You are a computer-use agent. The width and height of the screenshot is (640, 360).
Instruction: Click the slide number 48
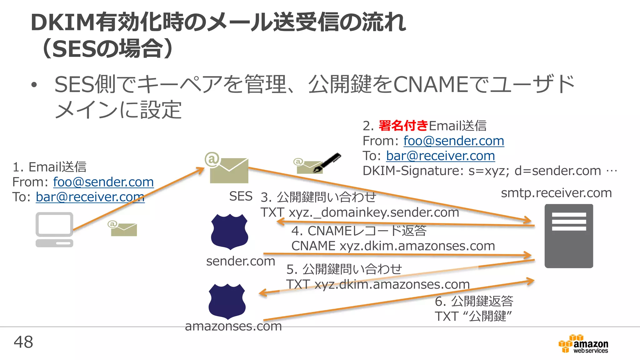(23, 342)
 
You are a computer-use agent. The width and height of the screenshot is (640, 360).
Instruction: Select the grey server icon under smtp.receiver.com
(569, 236)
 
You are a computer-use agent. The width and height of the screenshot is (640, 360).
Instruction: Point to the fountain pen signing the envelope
(327, 162)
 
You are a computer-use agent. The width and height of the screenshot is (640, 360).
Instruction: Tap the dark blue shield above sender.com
(229, 232)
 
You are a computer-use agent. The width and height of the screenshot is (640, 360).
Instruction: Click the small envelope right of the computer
(124, 229)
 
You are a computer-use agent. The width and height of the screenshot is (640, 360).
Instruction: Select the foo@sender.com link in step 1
(103, 182)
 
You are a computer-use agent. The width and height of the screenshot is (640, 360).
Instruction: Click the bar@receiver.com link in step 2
(440, 156)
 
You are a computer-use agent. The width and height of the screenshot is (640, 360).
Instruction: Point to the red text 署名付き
(403, 126)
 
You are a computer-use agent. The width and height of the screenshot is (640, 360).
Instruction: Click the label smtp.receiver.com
(556, 193)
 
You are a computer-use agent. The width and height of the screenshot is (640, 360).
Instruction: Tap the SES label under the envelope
(241, 196)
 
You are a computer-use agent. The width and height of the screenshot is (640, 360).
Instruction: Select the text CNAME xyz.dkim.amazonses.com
(393, 246)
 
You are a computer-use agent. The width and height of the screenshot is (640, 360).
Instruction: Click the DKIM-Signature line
(489, 171)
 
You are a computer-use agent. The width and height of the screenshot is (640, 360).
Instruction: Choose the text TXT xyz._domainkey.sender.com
(360, 212)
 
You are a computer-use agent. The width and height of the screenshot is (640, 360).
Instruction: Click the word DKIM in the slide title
(62, 22)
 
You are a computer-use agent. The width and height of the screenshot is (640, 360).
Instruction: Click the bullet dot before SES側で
(34, 85)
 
